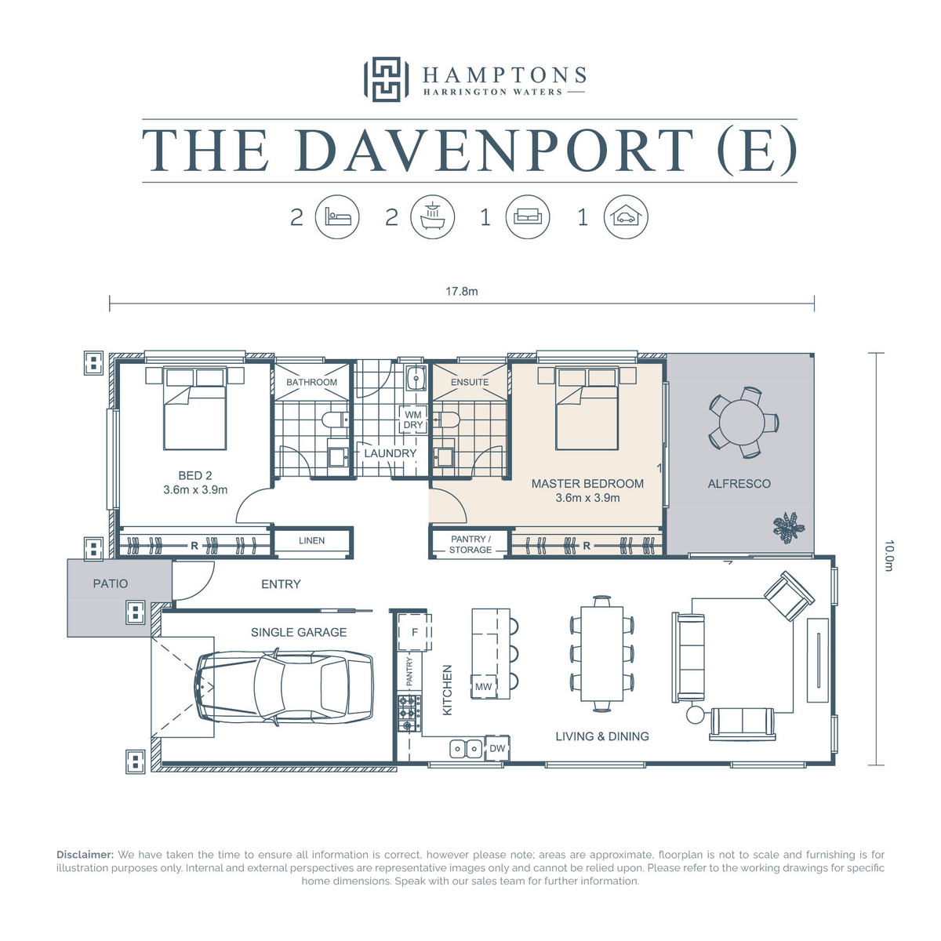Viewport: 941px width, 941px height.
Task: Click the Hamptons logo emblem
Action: (385, 79)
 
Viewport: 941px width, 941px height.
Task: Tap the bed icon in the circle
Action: (337, 216)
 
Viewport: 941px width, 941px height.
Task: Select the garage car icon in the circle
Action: (626, 216)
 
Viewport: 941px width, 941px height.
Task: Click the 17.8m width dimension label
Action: (461, 292)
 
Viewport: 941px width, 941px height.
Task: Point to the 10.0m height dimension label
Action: (888, 556)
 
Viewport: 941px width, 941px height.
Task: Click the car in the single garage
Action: (285, 687)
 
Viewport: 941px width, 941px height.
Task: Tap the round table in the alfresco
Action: (743, 423)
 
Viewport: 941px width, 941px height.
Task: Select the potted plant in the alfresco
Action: (788, 528)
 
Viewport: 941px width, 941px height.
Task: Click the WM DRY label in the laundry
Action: (413, 420)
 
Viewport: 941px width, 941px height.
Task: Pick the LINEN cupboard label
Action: (311, 540)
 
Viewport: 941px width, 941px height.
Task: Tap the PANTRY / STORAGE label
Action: (470, 544)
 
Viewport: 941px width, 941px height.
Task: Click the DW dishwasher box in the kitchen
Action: (497, 748)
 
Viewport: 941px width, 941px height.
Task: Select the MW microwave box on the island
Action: (484, 687)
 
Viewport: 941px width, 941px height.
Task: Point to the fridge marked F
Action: (415, 632)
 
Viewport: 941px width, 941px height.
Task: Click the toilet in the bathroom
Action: (336, 419)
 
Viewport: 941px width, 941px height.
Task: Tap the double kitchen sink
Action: (466, 749)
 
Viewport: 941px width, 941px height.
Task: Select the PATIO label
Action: (111, 583)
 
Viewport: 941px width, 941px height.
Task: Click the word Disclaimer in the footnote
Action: (85, 855)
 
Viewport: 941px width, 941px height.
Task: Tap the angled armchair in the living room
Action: (789, 596)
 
